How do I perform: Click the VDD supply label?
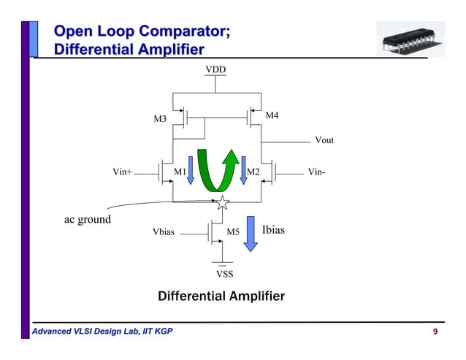pyautogui.click(x=215, y=69)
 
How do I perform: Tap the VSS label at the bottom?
pyautogui.click(x=225, y=275)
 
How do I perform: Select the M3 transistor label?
pyautogui.click(x=159, y=118)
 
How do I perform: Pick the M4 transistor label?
pyautogui.click(x=271, y=115)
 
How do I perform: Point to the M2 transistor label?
pyautogui.click(x=253, y=172)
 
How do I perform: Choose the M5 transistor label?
pyautogui.click(x=233, y=232)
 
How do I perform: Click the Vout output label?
pyautogui.click(x=324, y=140)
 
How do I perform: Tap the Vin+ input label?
pyautogui.click(x=123, y=172)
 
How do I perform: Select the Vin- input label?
pyautogui.click(x=317, y=172)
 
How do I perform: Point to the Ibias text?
pyautogui.click(x=273, y=230)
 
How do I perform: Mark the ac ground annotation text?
pyautogui.click(x=85, y=219)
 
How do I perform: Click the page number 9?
pyautogui.click(x=435, y=333)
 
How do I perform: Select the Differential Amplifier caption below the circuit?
pyautogui.click(x=221, y=296)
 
